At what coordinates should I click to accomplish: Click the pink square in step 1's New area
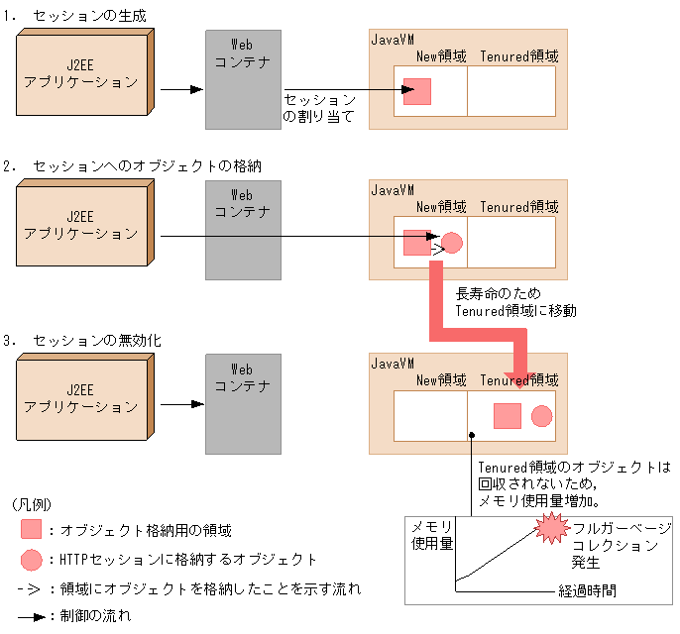coord(417,91)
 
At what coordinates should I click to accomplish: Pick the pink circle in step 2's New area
coord(452,242)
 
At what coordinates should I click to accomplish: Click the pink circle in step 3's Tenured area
coord(541,416)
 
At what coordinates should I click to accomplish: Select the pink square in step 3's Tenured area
coord(508,416)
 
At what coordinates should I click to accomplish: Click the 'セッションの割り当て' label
coord(319,108)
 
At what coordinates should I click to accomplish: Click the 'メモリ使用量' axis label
coord(432,534)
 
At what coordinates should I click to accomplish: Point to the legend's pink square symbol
coord(31,530)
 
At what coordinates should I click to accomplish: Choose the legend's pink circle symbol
coord(31,560)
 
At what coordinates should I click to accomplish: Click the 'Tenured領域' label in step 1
coord(519,56)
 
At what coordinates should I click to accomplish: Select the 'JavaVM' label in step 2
coord(392,190)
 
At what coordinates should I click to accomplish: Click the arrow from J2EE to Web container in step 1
coord(181,89)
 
